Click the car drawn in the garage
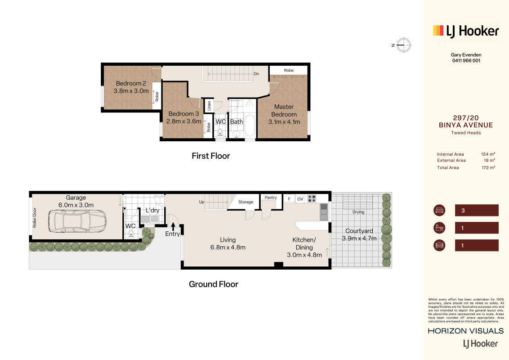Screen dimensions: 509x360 (77, 221)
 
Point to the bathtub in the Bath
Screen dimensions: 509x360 (250, 126)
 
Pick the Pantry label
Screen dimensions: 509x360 (271, 198)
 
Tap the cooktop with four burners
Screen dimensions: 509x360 (312, 198)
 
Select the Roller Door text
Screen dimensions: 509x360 (35, 217)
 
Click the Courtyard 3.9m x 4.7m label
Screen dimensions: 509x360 (359, 234)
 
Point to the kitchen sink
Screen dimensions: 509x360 (324, 212)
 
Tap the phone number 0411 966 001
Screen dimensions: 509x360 (466, 60)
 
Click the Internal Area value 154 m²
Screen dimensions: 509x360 (488, 154)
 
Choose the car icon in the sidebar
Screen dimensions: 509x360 (439, 245)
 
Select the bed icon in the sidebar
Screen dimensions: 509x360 (439, 210)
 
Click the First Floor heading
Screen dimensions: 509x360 (211, 156)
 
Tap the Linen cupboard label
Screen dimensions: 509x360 (209, 106)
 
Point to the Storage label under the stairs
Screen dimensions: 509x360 (246, 202)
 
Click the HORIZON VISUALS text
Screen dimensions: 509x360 (466, 331)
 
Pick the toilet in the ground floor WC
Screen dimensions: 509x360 (131, 233)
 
